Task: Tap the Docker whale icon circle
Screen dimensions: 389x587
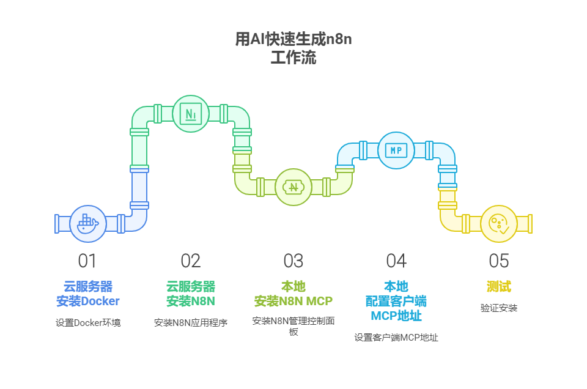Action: coord(88,224)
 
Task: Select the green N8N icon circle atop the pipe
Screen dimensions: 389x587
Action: coord(191,114)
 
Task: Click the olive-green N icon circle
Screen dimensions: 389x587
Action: coord(293,187)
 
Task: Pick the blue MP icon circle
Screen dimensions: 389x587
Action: coord(396,150)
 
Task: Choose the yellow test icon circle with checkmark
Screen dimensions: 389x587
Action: coord(499,224)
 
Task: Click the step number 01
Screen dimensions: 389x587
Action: coord(87,261)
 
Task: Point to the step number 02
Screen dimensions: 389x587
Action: coord(191,261)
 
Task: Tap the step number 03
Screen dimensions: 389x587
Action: coord(293,261)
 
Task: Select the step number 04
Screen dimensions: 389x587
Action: coord(396,261)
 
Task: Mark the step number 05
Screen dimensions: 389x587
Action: coord(499,261)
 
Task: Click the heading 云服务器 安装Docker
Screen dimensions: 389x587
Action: coord(88,294)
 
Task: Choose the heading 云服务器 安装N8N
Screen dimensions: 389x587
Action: coord(191,294)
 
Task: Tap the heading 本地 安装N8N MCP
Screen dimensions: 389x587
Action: coord(293,294)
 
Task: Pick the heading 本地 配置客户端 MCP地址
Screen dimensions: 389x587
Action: coord(396,301)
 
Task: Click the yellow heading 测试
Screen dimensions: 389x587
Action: coord(499,286)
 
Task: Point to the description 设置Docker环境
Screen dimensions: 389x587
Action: coord(88,322)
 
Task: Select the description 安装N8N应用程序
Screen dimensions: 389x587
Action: coord(191,322)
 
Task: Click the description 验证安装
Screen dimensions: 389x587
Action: coord(499,308)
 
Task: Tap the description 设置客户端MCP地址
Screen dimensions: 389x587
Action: coord(396,337)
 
